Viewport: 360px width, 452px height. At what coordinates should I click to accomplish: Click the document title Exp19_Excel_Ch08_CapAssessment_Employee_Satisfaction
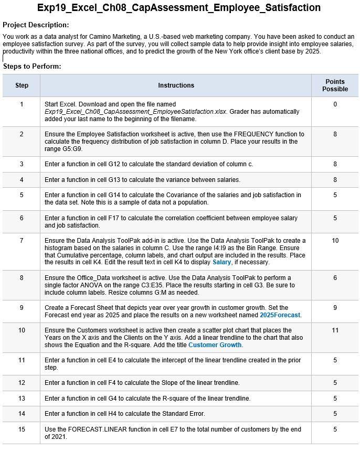[x=179, y=8]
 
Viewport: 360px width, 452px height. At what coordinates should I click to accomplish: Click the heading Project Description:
[x=36, y=25]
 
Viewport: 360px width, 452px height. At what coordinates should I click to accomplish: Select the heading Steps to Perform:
[x=32, y=67]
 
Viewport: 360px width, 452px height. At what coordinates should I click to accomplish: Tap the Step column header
[x=22, y=85]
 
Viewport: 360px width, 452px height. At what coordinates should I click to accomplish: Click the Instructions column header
[x=176, y=85]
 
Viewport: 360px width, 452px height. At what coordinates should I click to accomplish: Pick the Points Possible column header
[x=335, y=85]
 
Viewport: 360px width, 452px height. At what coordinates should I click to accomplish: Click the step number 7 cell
[x=22, y=240]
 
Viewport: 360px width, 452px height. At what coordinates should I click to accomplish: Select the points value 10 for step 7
[x=335, y=240]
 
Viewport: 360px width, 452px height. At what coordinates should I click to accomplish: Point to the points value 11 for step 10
[x=335, y=330]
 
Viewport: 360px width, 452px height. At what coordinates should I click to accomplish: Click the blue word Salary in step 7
[x=221, y=262]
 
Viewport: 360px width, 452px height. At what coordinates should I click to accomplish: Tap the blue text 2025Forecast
[x=280, y=315]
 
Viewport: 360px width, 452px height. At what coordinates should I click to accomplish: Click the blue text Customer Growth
[x=215, y=345]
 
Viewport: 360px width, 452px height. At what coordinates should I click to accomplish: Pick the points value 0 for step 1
[x=335, y=104]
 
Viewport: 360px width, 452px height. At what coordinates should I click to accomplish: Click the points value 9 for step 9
[x=335, y=308]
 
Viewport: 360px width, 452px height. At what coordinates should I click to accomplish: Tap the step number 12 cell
[x=22, y=383]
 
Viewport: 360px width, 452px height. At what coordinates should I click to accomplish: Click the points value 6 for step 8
[x=335, y=278]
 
